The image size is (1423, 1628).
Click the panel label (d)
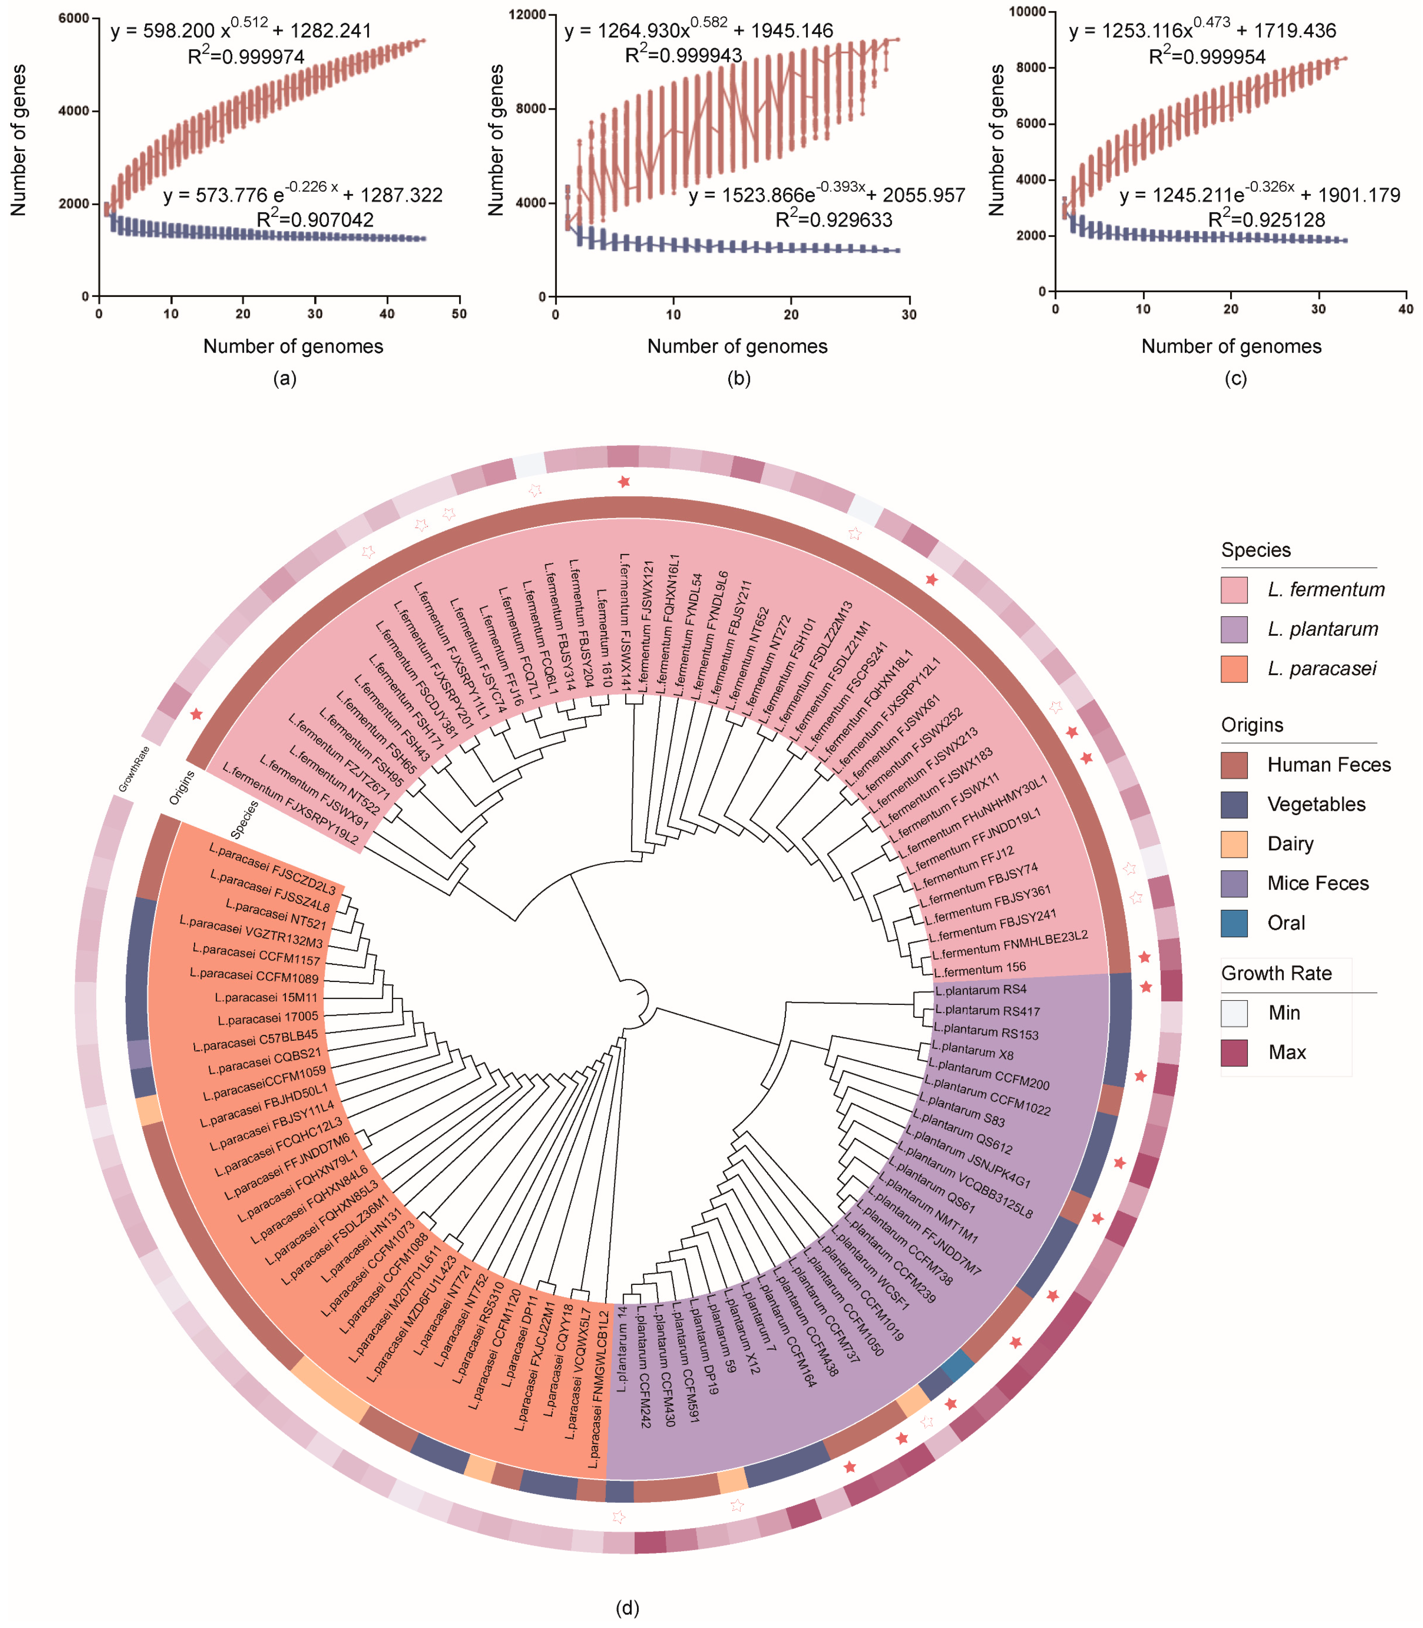click(627, 1608)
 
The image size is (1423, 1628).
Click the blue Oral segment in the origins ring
click(958, 1364)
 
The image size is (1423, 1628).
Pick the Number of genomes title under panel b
click(737, 346)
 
